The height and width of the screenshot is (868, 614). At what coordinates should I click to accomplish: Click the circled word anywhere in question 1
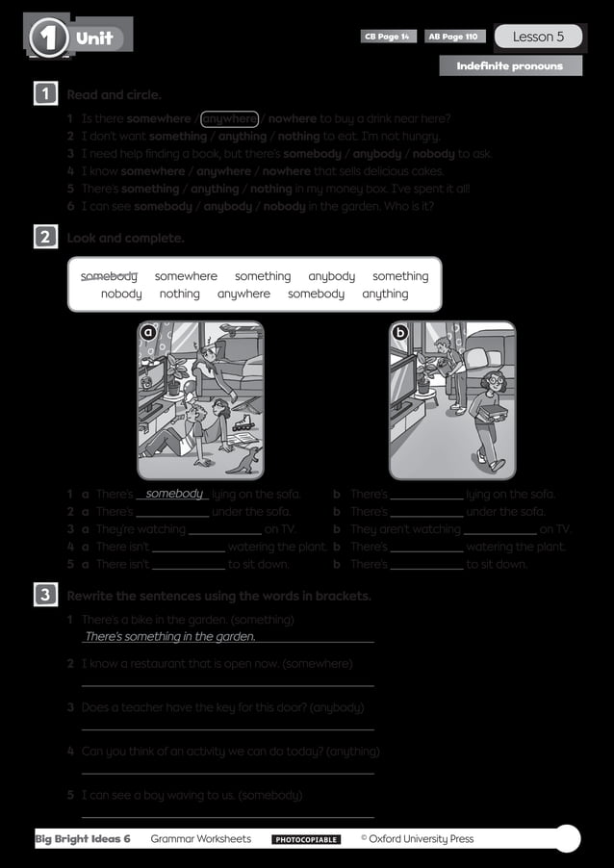tap(230, 119)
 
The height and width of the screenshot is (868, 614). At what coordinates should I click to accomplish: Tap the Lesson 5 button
tap(538, 37)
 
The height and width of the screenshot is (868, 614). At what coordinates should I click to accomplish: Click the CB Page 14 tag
tap(388, 37)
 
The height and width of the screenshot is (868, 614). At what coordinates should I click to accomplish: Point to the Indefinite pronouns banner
tap(511, 65)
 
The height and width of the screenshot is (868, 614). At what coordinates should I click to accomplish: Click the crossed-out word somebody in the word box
tap(109, 276)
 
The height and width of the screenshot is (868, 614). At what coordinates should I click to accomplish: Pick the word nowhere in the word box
tap(121, 294)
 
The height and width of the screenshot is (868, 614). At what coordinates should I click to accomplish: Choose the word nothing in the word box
tap(180, 294)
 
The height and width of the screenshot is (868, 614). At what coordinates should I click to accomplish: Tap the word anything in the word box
tap(385, 294)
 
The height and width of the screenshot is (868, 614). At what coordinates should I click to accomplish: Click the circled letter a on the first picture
tap(148, 332)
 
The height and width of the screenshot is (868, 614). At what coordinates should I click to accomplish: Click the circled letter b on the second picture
tap(400, 332)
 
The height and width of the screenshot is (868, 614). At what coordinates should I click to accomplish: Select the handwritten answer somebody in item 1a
tap(175, 494)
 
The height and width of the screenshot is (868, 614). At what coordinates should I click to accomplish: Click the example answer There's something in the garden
tap(170, 636)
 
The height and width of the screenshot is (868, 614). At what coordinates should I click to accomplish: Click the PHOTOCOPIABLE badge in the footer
tap(306, 840)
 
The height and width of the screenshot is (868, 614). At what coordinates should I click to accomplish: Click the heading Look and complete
tap(125, 238)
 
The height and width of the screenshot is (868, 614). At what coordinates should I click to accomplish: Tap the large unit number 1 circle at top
tap(49, 38)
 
